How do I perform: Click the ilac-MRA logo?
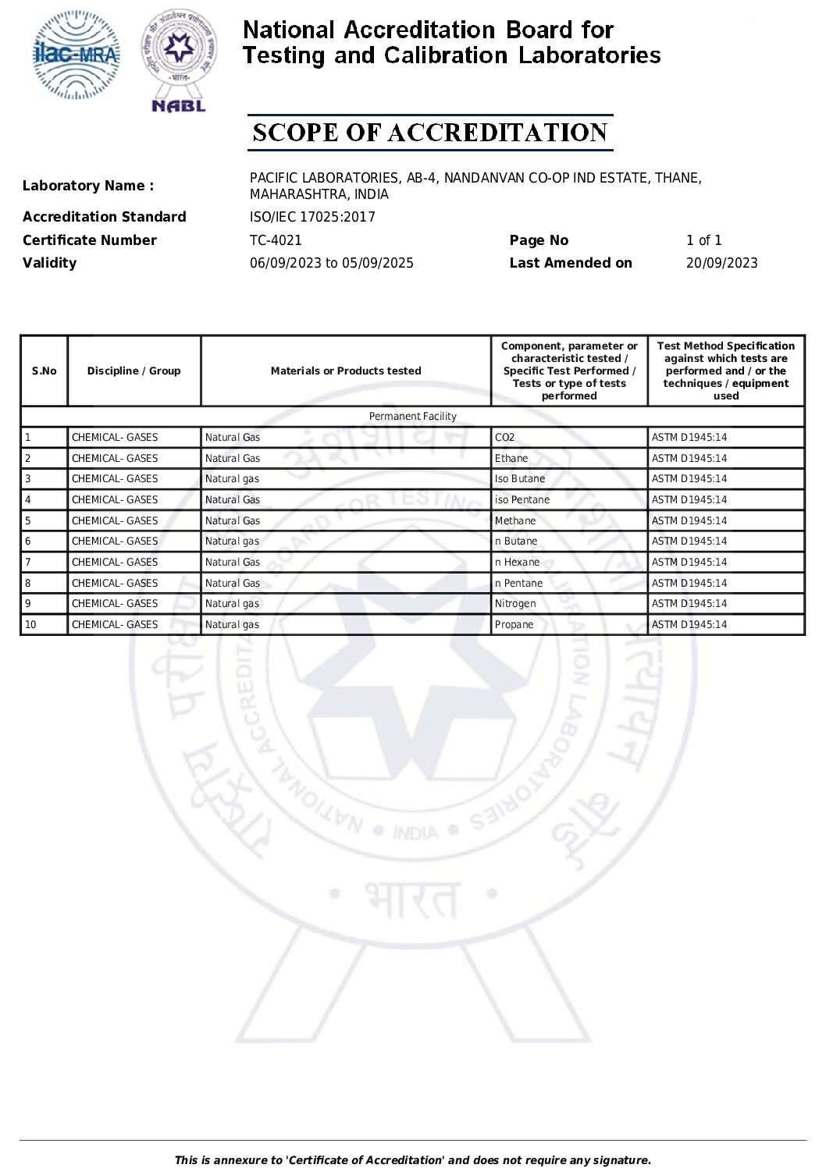77,55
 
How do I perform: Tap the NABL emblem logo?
179,61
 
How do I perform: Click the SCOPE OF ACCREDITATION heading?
430,133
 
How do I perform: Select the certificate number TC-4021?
276,240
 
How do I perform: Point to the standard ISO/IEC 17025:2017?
312,217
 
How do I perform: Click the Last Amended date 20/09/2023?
721,263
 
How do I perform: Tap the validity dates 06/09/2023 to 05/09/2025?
332,263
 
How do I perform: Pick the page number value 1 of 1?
703,240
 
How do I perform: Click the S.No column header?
45,371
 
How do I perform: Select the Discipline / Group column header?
134,371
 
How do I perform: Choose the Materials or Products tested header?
346,371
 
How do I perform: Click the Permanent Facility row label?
412,417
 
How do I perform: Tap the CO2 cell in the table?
505,438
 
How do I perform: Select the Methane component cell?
515,520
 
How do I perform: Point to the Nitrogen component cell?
515,604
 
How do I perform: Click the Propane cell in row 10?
514,624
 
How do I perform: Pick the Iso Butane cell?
520,479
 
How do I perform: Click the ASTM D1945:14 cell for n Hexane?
689,562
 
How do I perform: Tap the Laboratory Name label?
88,186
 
